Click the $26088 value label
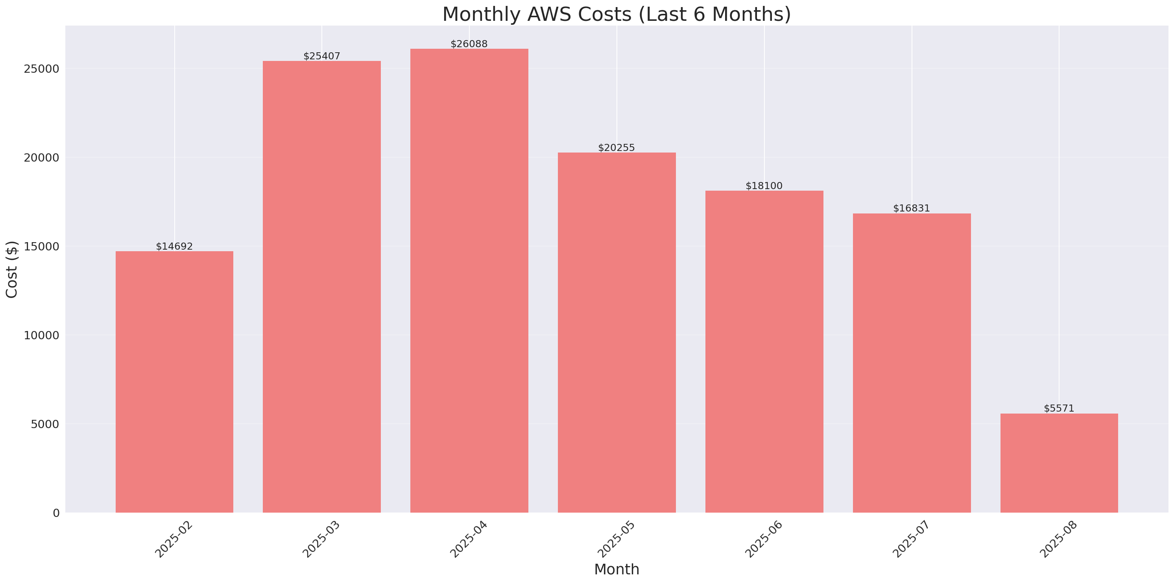click(x=469, y=44)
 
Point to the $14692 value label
click(x=174, y=246)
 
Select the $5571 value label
click(x=1059, y=408)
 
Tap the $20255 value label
click(x=616, y=147)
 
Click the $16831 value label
click(x=911, y=208)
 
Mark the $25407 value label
click(x=322, y=56)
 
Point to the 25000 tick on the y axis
click(x=42, y=69)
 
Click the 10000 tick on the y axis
click(x=42, y=335)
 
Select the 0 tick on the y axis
click(x=56, y=513)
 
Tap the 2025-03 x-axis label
click(x=321, y=539)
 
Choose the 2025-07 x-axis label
click(x=910, y=539)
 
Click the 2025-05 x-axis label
click(x=616, y=539)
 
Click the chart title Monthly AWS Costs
click(x=616, y=14)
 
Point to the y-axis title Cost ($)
click(x=12, y=269)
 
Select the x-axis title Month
click(x=616, y=569)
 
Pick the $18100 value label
click(x=764, y=186)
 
